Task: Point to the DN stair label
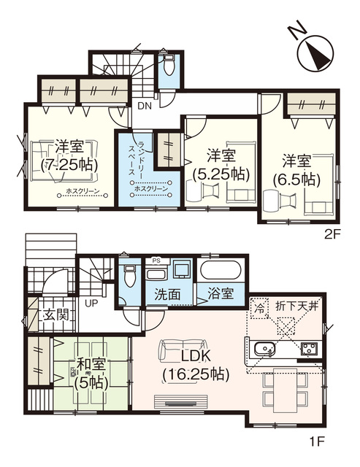pos(145,105)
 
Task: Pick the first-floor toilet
pos(130,277)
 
